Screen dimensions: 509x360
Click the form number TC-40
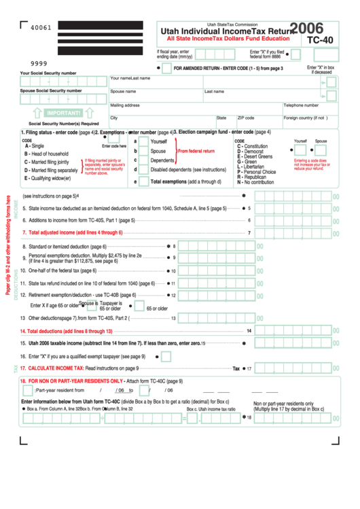click(320, 40)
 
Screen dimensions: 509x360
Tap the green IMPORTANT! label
click(65, 113)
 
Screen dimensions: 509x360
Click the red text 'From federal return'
click(196, 151)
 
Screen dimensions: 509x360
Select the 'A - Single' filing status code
click(35, 146)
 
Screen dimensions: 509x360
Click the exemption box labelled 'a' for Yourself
click(135, 141)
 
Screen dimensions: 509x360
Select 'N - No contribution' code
click(255, 182)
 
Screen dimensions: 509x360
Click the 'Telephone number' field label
click(301, 105)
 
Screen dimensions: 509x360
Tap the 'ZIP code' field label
click(246, 118)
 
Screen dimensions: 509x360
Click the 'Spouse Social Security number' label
click(51, 90)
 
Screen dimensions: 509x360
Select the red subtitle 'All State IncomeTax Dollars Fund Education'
click(223, 39)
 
